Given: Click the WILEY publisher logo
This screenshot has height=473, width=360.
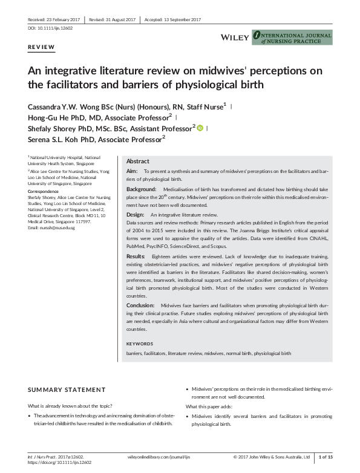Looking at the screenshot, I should pos(234,38).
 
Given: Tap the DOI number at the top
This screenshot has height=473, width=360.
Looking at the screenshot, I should pos(45,28).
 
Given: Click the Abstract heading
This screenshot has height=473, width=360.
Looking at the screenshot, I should pos(137,161).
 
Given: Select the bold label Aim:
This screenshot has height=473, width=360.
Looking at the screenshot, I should pos(132,172).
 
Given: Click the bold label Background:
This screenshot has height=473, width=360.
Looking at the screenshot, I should pos(141,189).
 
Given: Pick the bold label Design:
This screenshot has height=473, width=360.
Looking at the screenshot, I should pos(135,215).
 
